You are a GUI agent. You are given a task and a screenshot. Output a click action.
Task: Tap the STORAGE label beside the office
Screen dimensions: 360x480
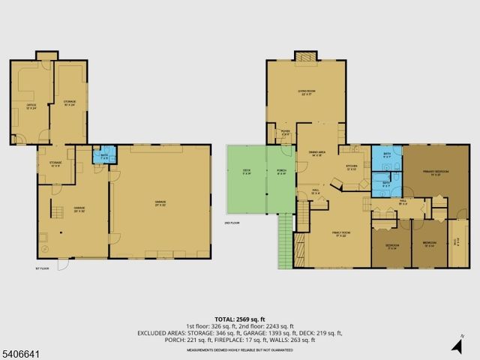(70, 103)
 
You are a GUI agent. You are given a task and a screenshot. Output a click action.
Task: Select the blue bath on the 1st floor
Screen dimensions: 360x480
(103, 157)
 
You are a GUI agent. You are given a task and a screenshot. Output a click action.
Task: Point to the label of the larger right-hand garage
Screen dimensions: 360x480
(160, 202)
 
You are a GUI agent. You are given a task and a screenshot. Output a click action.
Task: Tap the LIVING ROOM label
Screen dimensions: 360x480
(305, 91)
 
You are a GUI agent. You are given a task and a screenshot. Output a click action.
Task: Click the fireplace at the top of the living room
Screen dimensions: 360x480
(305, 58)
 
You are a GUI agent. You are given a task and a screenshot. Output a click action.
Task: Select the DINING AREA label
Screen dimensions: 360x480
(316, 153)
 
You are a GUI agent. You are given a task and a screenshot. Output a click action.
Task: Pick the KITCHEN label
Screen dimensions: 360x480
(350, 166)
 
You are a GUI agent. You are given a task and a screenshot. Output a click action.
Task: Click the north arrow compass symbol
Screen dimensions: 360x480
(458, 344)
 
